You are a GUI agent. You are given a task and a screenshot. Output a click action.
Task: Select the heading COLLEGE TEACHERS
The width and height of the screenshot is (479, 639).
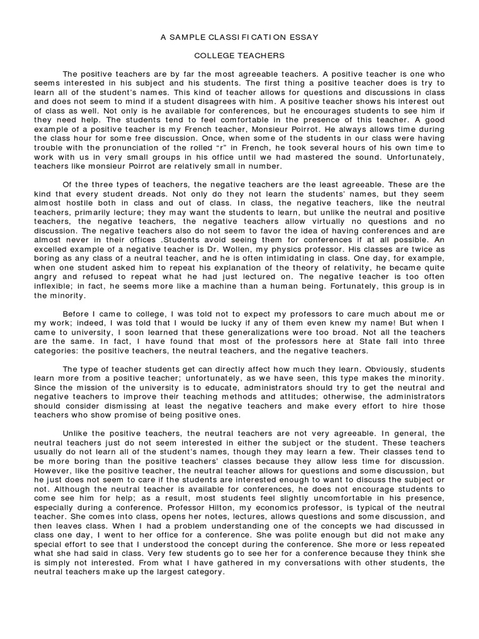point(239,56)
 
